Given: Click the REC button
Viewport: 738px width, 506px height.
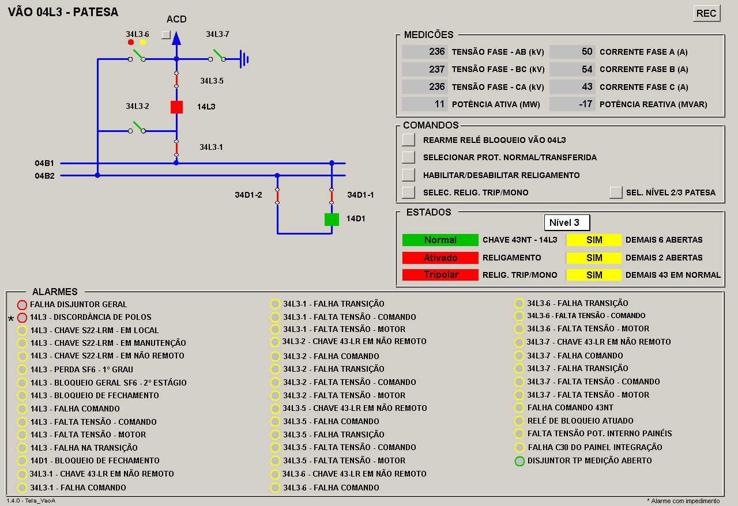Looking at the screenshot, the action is coord(706,13).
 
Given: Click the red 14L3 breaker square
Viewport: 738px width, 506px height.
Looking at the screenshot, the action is coord(176,107).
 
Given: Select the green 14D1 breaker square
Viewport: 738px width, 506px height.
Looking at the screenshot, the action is coord(332,220).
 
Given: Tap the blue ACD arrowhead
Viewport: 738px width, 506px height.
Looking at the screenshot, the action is coord(176,38).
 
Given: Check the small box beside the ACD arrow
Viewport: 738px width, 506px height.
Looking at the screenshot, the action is coord(166,35).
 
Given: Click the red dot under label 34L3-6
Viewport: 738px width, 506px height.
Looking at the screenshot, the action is coord(131,42).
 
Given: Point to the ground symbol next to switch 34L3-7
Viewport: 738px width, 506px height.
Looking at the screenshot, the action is coord(244,59).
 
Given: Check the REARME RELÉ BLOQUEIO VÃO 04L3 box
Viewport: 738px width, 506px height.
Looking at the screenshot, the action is coord(408,139).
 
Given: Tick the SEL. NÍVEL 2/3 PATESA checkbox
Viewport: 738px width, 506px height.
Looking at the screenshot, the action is coord(615,192).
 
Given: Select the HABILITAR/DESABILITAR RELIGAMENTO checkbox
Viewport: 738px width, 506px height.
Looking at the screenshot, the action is coord(408,175).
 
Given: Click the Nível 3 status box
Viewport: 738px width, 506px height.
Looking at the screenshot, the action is coord(567,222).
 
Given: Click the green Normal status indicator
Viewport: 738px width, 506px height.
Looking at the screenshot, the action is coord(440,240).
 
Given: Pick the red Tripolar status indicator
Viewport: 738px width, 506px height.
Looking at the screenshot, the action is coord(440,275).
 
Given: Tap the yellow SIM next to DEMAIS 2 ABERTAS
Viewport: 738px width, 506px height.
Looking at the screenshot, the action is coord(594,258).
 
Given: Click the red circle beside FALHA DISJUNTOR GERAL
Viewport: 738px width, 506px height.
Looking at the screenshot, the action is coord(22,305).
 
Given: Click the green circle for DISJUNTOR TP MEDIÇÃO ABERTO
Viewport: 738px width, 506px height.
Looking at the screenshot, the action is coord(519,461).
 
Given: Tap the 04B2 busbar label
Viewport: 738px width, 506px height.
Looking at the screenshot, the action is coord(44,176).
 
